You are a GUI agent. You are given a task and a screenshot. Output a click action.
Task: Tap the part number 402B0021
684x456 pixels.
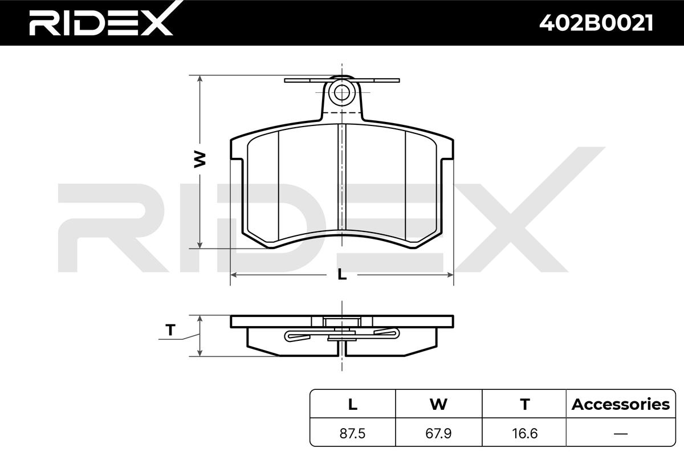click(x=596, y=23)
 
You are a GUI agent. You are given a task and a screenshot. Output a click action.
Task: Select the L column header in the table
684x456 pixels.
click(x=353, y=404)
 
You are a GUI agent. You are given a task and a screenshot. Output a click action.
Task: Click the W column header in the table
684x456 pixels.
click(x=438, y=404)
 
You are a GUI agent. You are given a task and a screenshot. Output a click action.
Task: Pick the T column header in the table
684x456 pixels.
click(x=525, y=404)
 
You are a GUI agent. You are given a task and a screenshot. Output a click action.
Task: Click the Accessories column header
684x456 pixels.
click(x=621, y=404)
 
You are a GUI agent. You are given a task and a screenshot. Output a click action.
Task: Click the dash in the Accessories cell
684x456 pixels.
click(x=621, y=434)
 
